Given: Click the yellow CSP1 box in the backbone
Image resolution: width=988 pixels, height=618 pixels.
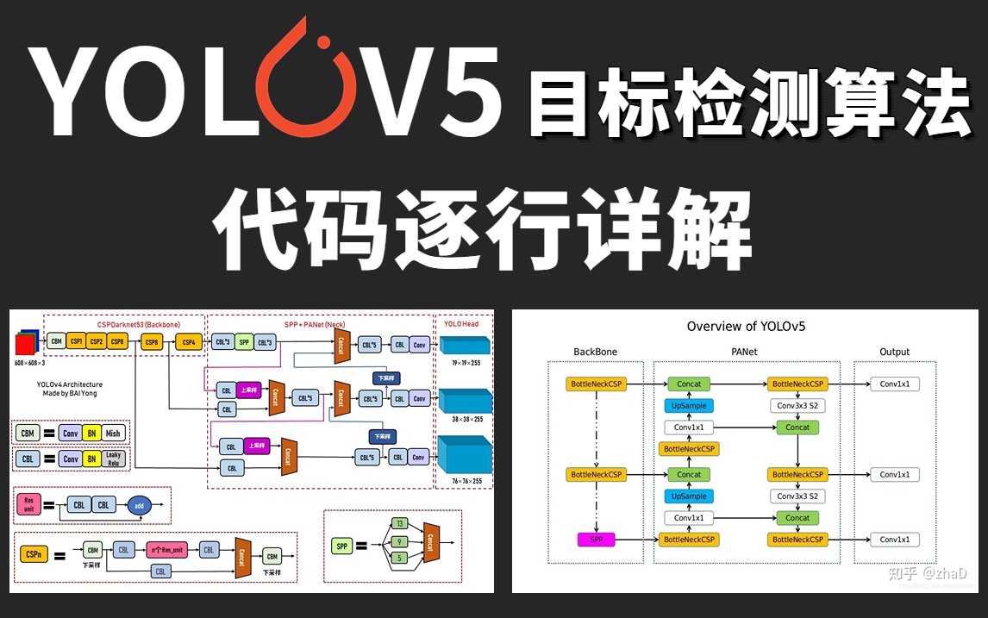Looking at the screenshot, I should pos(77,341).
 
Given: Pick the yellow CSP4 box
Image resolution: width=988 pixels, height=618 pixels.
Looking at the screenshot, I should pos(188,342).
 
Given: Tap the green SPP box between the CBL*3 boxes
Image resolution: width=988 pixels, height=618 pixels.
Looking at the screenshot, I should pos(244,342).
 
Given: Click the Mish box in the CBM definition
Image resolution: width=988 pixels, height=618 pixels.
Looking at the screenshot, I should pos(113,434).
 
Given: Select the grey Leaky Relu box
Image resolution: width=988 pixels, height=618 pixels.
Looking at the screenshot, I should pos(113,459).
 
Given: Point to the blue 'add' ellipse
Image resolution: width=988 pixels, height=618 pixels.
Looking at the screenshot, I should pos(140,506).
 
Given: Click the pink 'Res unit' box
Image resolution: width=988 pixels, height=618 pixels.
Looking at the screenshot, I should pos(28,505).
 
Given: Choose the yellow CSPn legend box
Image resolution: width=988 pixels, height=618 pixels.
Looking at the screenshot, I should pos(34,555).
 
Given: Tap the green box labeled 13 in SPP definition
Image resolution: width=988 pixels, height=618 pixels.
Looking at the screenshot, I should pos(398,523).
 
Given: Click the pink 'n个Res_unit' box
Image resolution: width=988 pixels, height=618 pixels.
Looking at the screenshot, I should pos(166,550).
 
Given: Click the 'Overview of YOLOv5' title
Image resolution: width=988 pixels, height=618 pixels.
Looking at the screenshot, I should pos(746,327).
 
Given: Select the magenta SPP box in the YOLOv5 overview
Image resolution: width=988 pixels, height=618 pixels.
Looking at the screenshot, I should pos(596,540).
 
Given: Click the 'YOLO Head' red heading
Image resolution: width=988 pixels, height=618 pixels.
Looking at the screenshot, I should pos(461,325).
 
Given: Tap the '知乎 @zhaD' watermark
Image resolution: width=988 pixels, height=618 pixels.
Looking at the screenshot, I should pos(932,572).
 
